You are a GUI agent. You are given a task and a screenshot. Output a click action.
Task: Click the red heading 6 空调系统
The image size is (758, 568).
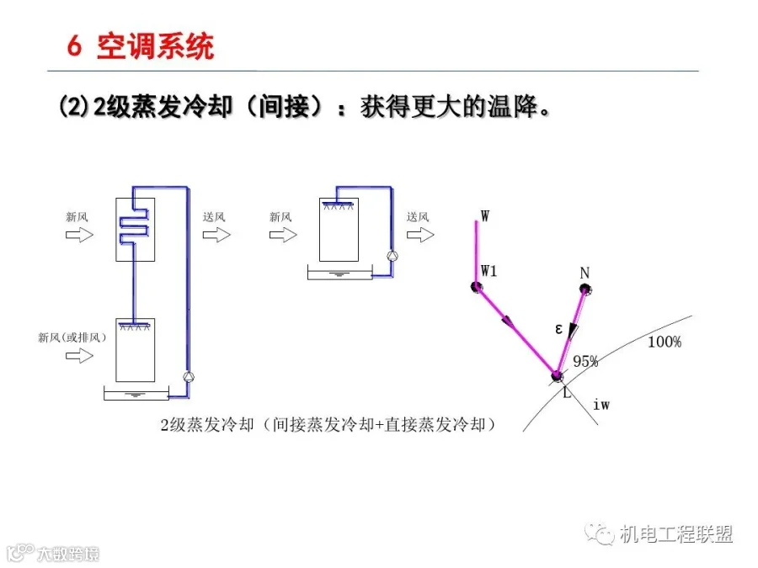coord(141,47)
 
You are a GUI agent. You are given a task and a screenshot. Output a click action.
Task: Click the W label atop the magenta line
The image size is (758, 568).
coord(485,215)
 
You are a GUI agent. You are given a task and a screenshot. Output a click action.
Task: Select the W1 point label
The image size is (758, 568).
coord(488,271)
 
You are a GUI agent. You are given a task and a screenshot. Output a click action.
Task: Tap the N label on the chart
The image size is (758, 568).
coord(585,273)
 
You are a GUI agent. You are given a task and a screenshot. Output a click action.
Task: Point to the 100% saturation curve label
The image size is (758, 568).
coord(665,342)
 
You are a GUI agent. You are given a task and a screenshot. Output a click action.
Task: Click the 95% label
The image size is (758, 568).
coord(585,361)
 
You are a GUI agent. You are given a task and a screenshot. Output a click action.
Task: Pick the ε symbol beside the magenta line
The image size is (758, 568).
coord(559,329)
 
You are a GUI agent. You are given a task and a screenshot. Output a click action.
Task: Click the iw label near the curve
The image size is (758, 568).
coord(601,404)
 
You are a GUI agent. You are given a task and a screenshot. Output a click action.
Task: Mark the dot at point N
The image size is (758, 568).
coord(585,289)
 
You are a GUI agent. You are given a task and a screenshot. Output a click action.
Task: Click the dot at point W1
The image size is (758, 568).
coord(476,287)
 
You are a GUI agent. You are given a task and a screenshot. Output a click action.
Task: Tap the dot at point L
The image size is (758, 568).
coord(557,376)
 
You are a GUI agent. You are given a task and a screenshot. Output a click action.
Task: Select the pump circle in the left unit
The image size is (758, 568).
coord(188,377)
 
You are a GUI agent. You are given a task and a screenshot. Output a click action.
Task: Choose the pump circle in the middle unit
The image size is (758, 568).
coord(392,256)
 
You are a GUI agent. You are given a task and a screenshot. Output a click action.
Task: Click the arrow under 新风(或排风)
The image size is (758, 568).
coord(79,356)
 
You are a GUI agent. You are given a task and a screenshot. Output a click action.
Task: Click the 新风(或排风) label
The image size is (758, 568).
coord(72,337)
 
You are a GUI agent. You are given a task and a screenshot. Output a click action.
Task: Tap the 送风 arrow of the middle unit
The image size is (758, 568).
coord(420,235)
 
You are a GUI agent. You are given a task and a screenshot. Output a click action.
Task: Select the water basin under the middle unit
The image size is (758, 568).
coord(340,273)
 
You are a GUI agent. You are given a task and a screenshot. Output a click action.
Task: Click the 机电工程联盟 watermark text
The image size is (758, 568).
coord(675,534)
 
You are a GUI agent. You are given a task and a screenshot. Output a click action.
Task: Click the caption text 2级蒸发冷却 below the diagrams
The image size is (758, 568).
coord(207,425)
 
